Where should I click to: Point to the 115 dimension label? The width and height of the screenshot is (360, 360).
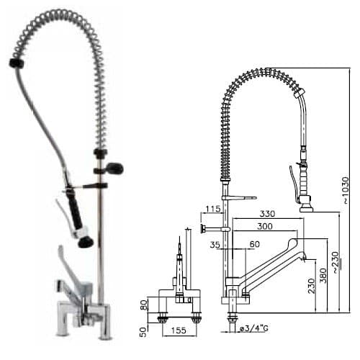click(x=212, y=210)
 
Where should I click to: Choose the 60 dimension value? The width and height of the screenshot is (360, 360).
click(x=253, y=245)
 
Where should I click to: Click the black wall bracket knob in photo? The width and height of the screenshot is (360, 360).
click(x=114, y=168)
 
